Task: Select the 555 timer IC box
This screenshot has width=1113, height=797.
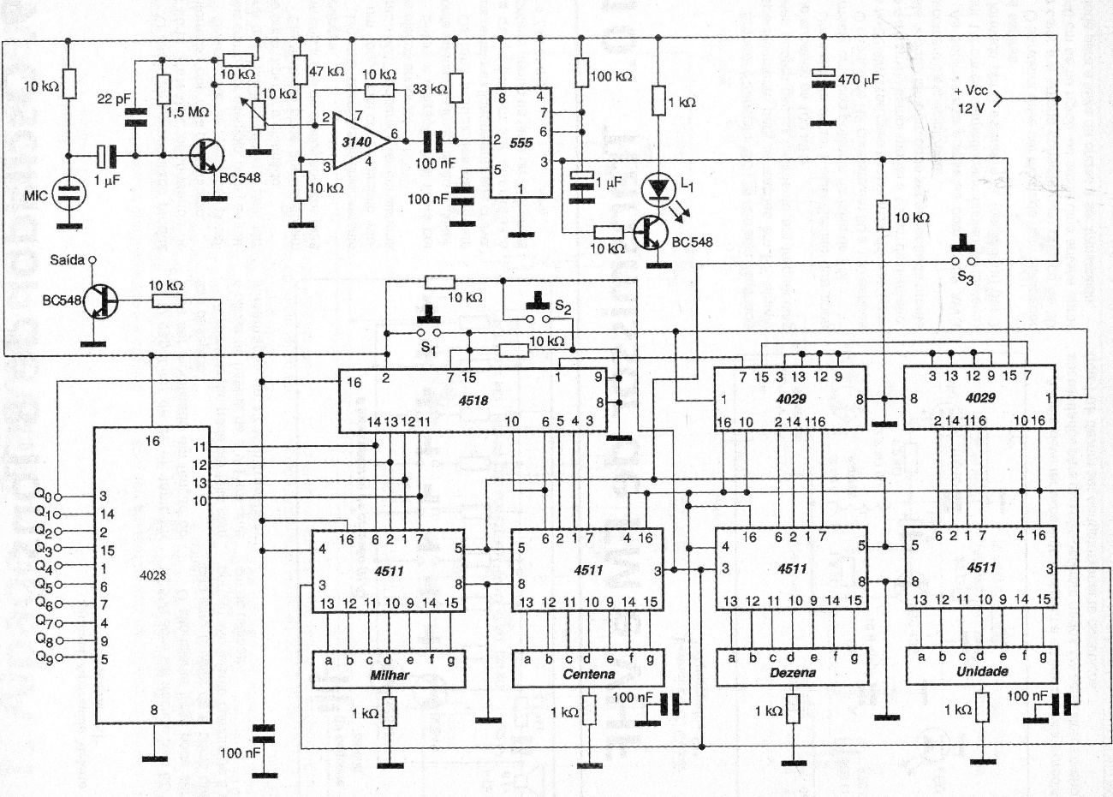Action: point(521,144)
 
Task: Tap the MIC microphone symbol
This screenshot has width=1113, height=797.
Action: point(68,193)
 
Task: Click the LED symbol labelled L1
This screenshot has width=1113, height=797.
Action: point(657,187)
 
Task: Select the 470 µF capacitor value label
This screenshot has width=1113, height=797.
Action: point(859,80)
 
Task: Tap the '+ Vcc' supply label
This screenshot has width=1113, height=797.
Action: point(971,91)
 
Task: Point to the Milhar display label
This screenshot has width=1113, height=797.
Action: point(389,675)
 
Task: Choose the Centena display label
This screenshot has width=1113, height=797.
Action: point(589,675)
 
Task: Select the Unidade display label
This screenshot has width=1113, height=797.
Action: point(982,672)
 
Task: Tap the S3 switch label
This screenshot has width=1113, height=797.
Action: point(965,277)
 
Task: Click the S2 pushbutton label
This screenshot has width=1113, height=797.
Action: point(562,305)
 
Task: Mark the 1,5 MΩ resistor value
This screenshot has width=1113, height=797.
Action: point(195,112)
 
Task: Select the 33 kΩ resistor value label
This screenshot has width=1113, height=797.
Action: point(429,89)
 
